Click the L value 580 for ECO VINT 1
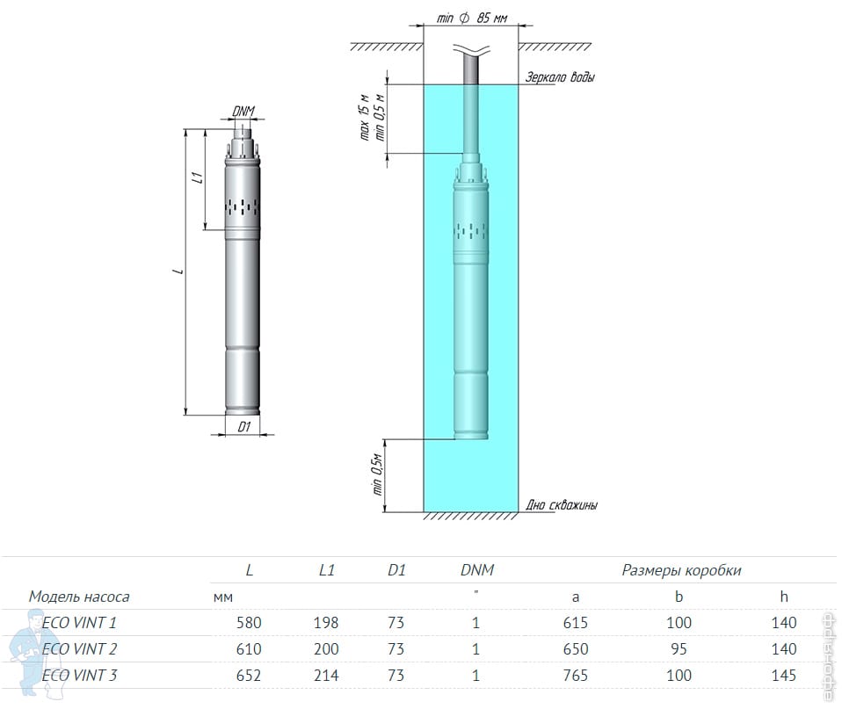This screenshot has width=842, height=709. (249, 623)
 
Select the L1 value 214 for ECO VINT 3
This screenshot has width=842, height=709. (326, 676)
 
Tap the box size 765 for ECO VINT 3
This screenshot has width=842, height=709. (575, 676)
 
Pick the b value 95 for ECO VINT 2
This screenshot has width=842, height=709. (679, 649)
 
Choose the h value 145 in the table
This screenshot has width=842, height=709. (783, 676)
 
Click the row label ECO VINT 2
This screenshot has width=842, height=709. (79, 649)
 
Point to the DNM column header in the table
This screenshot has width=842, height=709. (477, 570)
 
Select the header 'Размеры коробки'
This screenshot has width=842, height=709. (681, 570)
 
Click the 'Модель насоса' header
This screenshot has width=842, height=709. (79, 597)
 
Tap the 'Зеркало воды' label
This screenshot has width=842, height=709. (560, 77)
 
